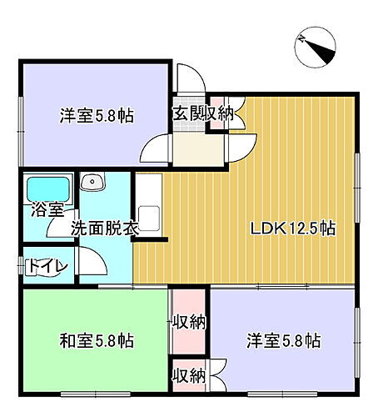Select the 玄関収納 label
click(203, 114)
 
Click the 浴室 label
click(42, 209)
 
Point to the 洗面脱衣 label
click(103, 227)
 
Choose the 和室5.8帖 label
click(97, 340)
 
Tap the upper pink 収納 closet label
click(191, 321)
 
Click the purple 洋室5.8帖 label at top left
click(97, 116)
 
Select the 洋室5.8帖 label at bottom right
click(284, 340)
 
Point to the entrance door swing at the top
click(189, 79)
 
